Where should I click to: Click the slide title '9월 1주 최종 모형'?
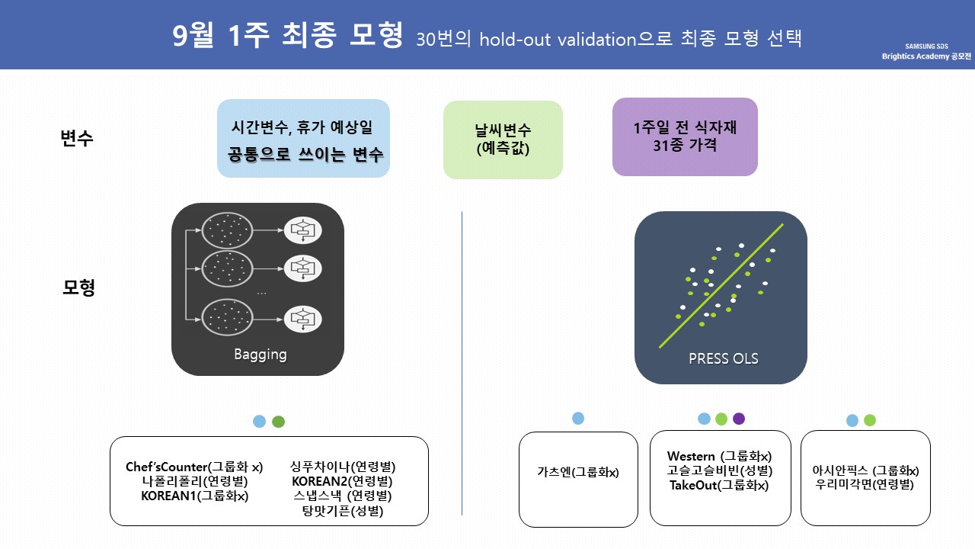click(288, 37)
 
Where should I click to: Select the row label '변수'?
click(77, 139)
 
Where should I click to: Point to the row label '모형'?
click(78, 288)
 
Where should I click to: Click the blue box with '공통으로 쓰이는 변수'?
click(303, 139)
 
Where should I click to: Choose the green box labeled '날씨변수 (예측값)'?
click(503, 140)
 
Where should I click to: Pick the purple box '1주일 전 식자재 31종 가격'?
click(685, 136)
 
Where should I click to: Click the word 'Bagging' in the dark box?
click(260, 355)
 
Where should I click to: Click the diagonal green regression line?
click(721, 286)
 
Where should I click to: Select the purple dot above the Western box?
click(738, 419)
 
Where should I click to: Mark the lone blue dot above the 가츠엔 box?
click(578, 418)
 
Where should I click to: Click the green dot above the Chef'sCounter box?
click(278, 421)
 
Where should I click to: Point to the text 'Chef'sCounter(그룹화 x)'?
click(194, 467)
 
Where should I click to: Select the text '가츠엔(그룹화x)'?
click(578, 472)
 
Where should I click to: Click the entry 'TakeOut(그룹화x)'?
click(719, 485)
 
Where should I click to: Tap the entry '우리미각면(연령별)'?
click(865, 484)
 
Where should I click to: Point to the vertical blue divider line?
click(462, 362)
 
